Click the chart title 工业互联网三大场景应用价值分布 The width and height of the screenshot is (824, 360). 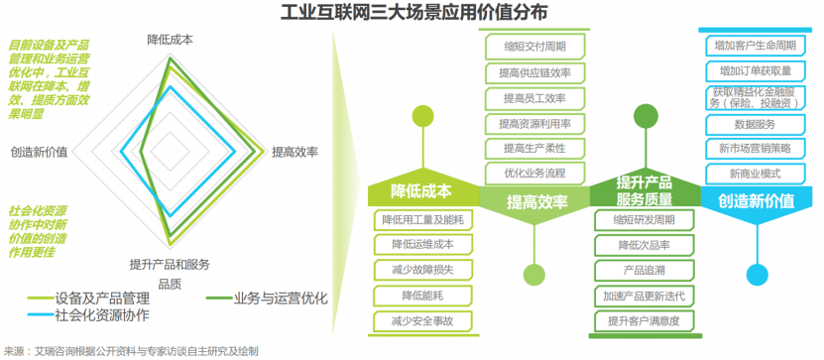pyautogui.click(x=413, y=12)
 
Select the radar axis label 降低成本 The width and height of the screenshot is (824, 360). pyautogui.click(x=170, y=41)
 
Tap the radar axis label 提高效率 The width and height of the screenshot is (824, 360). pyautogui.click(x=294, y=152)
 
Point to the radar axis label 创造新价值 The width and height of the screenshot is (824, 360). pyautogui.click(x=39, y=152)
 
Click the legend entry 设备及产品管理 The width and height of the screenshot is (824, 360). pyautogui.click(x=89, y=300)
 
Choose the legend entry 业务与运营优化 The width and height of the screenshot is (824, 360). pyautogui.click(x=267, y=300)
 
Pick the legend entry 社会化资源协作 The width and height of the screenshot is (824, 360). pyautogui.click(x=89, y=315)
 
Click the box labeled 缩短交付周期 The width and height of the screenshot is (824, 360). pyautogui.click(x=535, y=47)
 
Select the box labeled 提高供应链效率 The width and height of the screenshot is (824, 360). pyautogui.click(x=535, y=72)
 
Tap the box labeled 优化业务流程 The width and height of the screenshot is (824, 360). pyautogui.click(x=535, y=173)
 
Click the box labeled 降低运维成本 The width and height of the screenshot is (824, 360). pyautogui.click(x=423, y=244)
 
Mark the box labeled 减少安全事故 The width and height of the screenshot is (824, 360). pyautogui.click(x=423, y=321)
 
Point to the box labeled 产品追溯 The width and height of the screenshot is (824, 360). pyautogui.click(x=645, y=270)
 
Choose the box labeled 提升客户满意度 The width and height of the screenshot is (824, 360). pyautogui.click(x=645, y=320)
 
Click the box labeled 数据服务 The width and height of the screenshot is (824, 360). pyautogui.click(x=756, y=125)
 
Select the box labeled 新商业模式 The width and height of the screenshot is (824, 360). pyautogui.click(x=756, y=174)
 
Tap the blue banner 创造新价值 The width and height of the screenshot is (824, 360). pyautogui.click(x=757, y=200)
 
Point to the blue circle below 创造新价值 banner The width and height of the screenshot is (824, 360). pyautogui.click(x=758, y=274)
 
